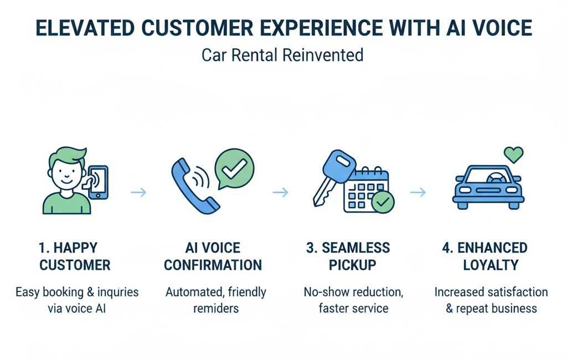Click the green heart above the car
(x=513, y=154)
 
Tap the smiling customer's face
(x=65, y=173)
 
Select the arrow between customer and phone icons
(x=138, y=193)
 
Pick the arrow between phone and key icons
(x=281, y=193)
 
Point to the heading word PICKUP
(x=353, y=265)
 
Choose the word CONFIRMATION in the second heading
(x=213, y=265)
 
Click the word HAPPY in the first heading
(x=75, y=248)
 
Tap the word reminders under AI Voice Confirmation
(x=216, y=308)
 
